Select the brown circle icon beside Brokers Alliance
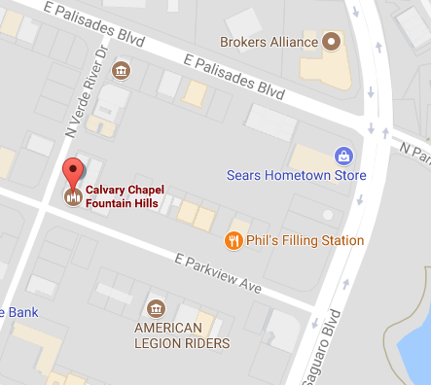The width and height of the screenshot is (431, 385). click(x=332, y=42)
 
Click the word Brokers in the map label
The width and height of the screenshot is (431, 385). click(x=244, y=43)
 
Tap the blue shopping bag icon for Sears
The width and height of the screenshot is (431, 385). click(x=342, y=155)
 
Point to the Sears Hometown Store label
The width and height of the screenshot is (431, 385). click(x=297, y=176)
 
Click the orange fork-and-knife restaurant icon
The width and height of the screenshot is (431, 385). click(x=233, y=240)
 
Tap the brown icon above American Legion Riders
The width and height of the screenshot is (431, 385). click(x=156, y=305)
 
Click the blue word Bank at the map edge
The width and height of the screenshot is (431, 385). click(x=18, y=312)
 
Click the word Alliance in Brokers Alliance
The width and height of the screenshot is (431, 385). click(x=294, y=43)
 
